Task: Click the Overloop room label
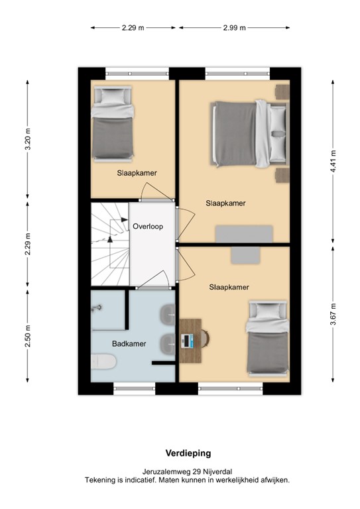pyautogui.click(x=147, y=226)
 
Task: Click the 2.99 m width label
pyautogui.click(x=234, y=28)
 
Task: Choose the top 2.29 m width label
pyautogui.click(x=133, y=28)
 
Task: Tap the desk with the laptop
pyautogui.click(x=191, y=340)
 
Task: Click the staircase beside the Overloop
pyautogui.click(x=109, y=245)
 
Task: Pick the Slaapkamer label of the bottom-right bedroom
pyautogui.click(x=229, y=287)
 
